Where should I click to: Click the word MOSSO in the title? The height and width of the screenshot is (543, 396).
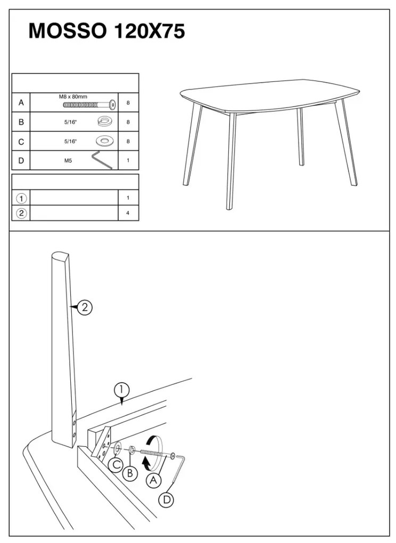[x=68, y=31]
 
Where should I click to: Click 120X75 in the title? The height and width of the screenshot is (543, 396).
[x=149, y=31]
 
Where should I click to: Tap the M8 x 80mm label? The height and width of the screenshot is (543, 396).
[x=73, y=96]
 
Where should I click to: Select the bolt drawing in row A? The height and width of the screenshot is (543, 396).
[x=89, y=104]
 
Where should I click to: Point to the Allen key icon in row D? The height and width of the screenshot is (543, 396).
[x=103, y=160]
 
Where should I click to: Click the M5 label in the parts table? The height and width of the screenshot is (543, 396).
[x=68, y=160]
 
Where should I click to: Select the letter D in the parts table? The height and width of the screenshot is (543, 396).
[x=21, y=160]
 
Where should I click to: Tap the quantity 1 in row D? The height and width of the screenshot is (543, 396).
[x=128, y=160]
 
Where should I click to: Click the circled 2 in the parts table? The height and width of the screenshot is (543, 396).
[x=21, y=213]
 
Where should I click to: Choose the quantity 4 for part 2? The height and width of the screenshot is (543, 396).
[x=128, y=213]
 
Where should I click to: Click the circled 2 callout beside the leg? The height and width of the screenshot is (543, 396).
[x=85, y=307]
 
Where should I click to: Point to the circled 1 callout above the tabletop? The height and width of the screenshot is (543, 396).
[x=122, y=390]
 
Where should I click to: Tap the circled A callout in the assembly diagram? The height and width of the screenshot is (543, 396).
[x=153, y=480]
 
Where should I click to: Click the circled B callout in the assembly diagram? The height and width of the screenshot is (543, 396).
[x=130, y=473]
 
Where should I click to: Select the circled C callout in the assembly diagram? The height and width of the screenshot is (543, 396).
[x=115, y=465]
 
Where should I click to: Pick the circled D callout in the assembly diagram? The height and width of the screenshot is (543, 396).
[x=166, y=500]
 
